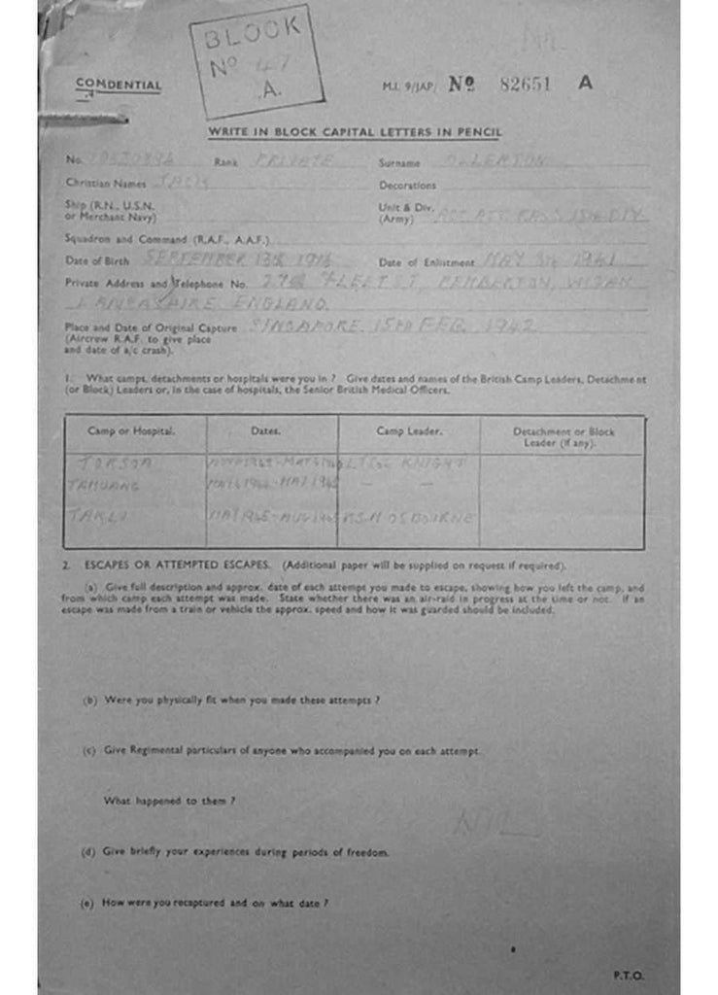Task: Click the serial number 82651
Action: [x=525, y=84]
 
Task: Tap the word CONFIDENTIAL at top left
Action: [x=119, y=86]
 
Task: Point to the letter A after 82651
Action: [x=585, y=83]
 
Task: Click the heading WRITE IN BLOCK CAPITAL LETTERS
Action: [x=355, y=132]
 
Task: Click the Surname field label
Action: [x=399, y=163]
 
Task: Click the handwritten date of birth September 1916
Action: [x=238, y=259]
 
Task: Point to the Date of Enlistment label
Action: [x=427, y=262]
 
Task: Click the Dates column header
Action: [x=265, y=429]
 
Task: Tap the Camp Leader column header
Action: [x=409, y=429]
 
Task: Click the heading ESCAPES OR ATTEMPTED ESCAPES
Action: [x=177, y=566]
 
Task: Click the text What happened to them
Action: [x=169, y=802]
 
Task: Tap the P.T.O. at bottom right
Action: [x=628, y=975]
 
